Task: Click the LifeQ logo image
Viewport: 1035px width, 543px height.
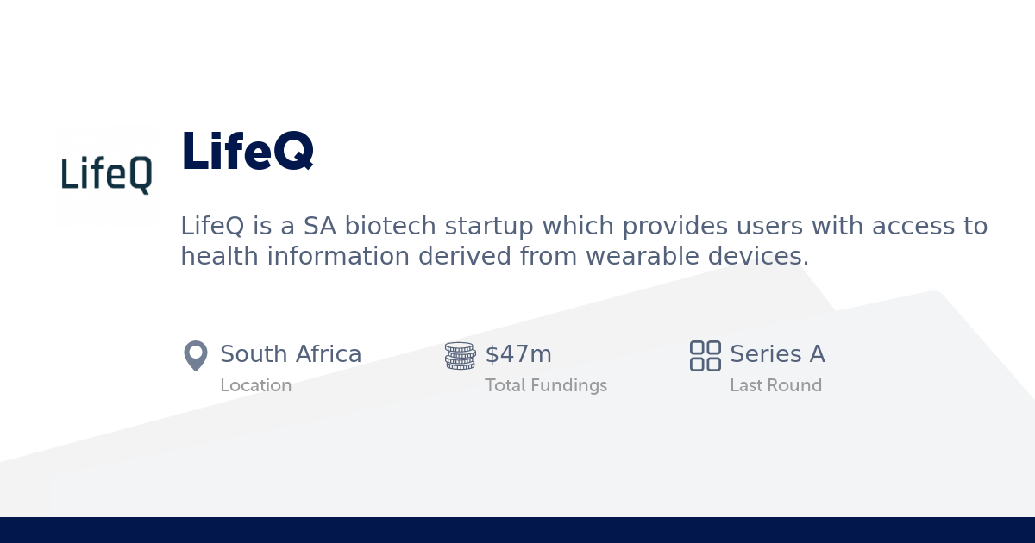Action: coord(107,175)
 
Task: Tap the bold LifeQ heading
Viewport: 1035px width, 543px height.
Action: coord(247,151)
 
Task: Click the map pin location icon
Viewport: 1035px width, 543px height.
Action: coord(196,355)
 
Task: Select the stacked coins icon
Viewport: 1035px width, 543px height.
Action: coord(460,355)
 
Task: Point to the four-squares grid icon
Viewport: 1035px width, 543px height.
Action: coord(705,355)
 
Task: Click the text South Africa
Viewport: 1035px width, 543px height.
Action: coord(291,354)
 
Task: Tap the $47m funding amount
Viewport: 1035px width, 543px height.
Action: coord(518,354)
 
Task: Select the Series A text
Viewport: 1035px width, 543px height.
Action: coord(777,354)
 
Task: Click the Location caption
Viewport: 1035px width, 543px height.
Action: coord(255,385)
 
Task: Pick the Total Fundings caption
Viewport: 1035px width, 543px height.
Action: coord(546,385)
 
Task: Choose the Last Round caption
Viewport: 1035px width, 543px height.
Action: coord(775,385)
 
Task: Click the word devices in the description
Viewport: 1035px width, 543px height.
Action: coord(766,257)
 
